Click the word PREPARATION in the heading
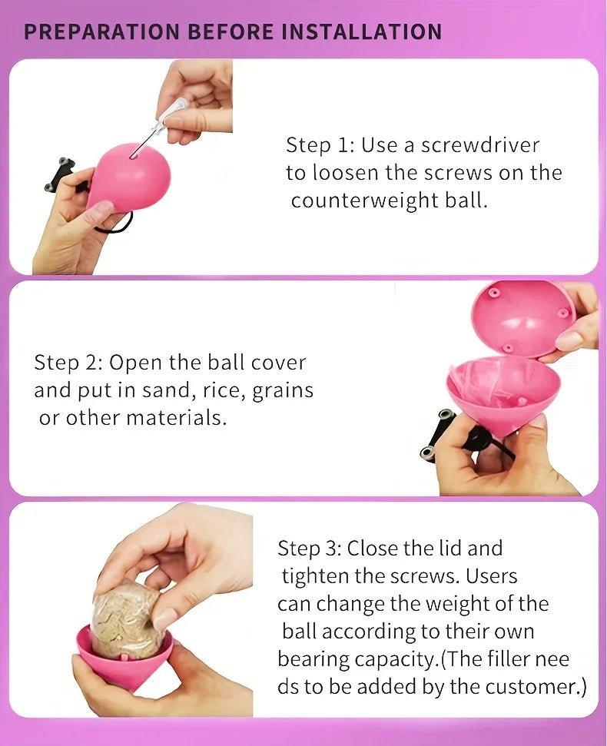pyautogui.click(x=101, y=31)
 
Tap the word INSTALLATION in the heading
pyautogui.click(x=362, y=31)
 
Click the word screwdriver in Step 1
pyautogui.click(x=480, y=145)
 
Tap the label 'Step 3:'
pyautogui.click(x=310, y=549)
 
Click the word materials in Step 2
pyautogui.click(x=176, y=418)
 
